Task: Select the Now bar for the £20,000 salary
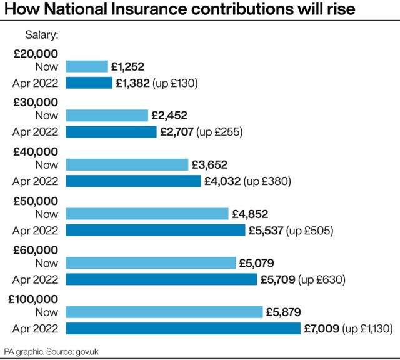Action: pos(87,66)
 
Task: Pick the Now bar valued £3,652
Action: pos(127,164)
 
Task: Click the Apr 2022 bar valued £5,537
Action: pos(156,231)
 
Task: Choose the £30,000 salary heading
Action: pos(36,102)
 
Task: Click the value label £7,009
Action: pos(321,328)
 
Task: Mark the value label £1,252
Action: pos(128,66)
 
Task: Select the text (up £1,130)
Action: pos(367,328)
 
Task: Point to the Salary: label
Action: pos(42,35)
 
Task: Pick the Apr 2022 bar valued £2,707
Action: pos(111,132)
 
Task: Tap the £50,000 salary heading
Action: pos(36,201)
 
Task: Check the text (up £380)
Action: pos(269,181)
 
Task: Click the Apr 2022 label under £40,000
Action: pos(35,181)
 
